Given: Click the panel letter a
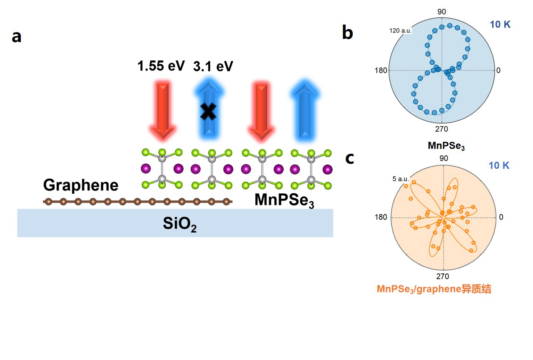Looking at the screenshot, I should click(16, 37).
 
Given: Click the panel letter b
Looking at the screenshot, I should click(348, 32).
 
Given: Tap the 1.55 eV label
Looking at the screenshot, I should click(161, 66).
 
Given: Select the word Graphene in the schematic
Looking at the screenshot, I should click(81, 185).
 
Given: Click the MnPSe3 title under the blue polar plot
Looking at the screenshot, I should click(446, 146).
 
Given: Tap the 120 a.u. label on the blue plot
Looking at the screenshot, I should click(400, 31).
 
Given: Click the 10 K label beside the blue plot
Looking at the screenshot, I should click(500, 25).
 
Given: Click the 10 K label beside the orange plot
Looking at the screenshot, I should click(499, 165).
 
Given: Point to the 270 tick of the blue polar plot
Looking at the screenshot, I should click(441, 129).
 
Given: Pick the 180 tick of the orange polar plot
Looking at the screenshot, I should click(381, 217).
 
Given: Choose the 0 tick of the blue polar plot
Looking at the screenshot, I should click(498, 70).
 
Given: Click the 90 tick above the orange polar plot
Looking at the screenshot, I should click(444, 158).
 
